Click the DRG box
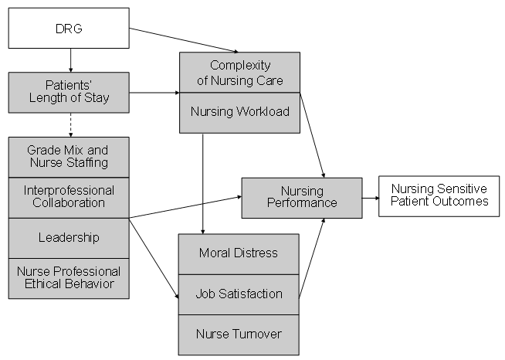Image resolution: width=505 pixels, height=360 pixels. pos(68,28)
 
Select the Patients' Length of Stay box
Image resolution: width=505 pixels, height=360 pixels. pos(68,93)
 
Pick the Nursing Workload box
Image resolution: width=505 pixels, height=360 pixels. pos(239,112)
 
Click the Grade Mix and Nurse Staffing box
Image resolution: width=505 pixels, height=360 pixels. pos(68,156)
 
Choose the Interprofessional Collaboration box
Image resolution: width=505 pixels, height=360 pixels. pos(68,196)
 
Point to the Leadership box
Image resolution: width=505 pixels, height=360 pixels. pos(68,237)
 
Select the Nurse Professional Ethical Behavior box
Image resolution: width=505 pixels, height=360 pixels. pos(68,277)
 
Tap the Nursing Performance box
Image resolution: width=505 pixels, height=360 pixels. pos(302,197)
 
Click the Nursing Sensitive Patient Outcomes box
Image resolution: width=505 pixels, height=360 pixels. pos(439,195)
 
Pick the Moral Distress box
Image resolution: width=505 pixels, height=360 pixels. pos(239,253)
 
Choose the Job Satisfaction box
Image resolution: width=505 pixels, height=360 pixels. pos(239,294)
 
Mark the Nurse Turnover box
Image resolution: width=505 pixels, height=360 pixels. pos(239,335)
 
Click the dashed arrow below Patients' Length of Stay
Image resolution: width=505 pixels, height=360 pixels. pos(70,124)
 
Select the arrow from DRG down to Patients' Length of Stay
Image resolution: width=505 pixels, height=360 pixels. pos(70,60)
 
